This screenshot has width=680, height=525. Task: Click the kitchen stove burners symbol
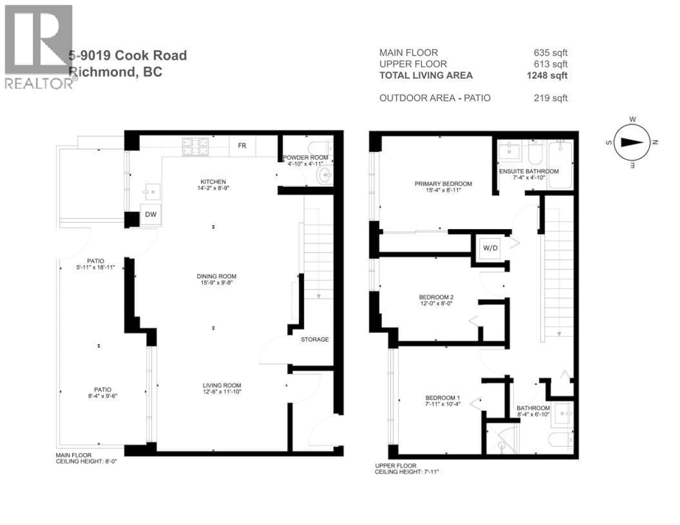[195, 147]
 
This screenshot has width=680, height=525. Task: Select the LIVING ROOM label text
[222, 385]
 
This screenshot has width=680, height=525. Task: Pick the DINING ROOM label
[216, 276]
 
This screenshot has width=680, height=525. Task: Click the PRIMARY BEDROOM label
[443, 184]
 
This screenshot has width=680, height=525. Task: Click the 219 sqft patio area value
[551, 98]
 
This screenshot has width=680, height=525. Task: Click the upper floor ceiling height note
[406, 472]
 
